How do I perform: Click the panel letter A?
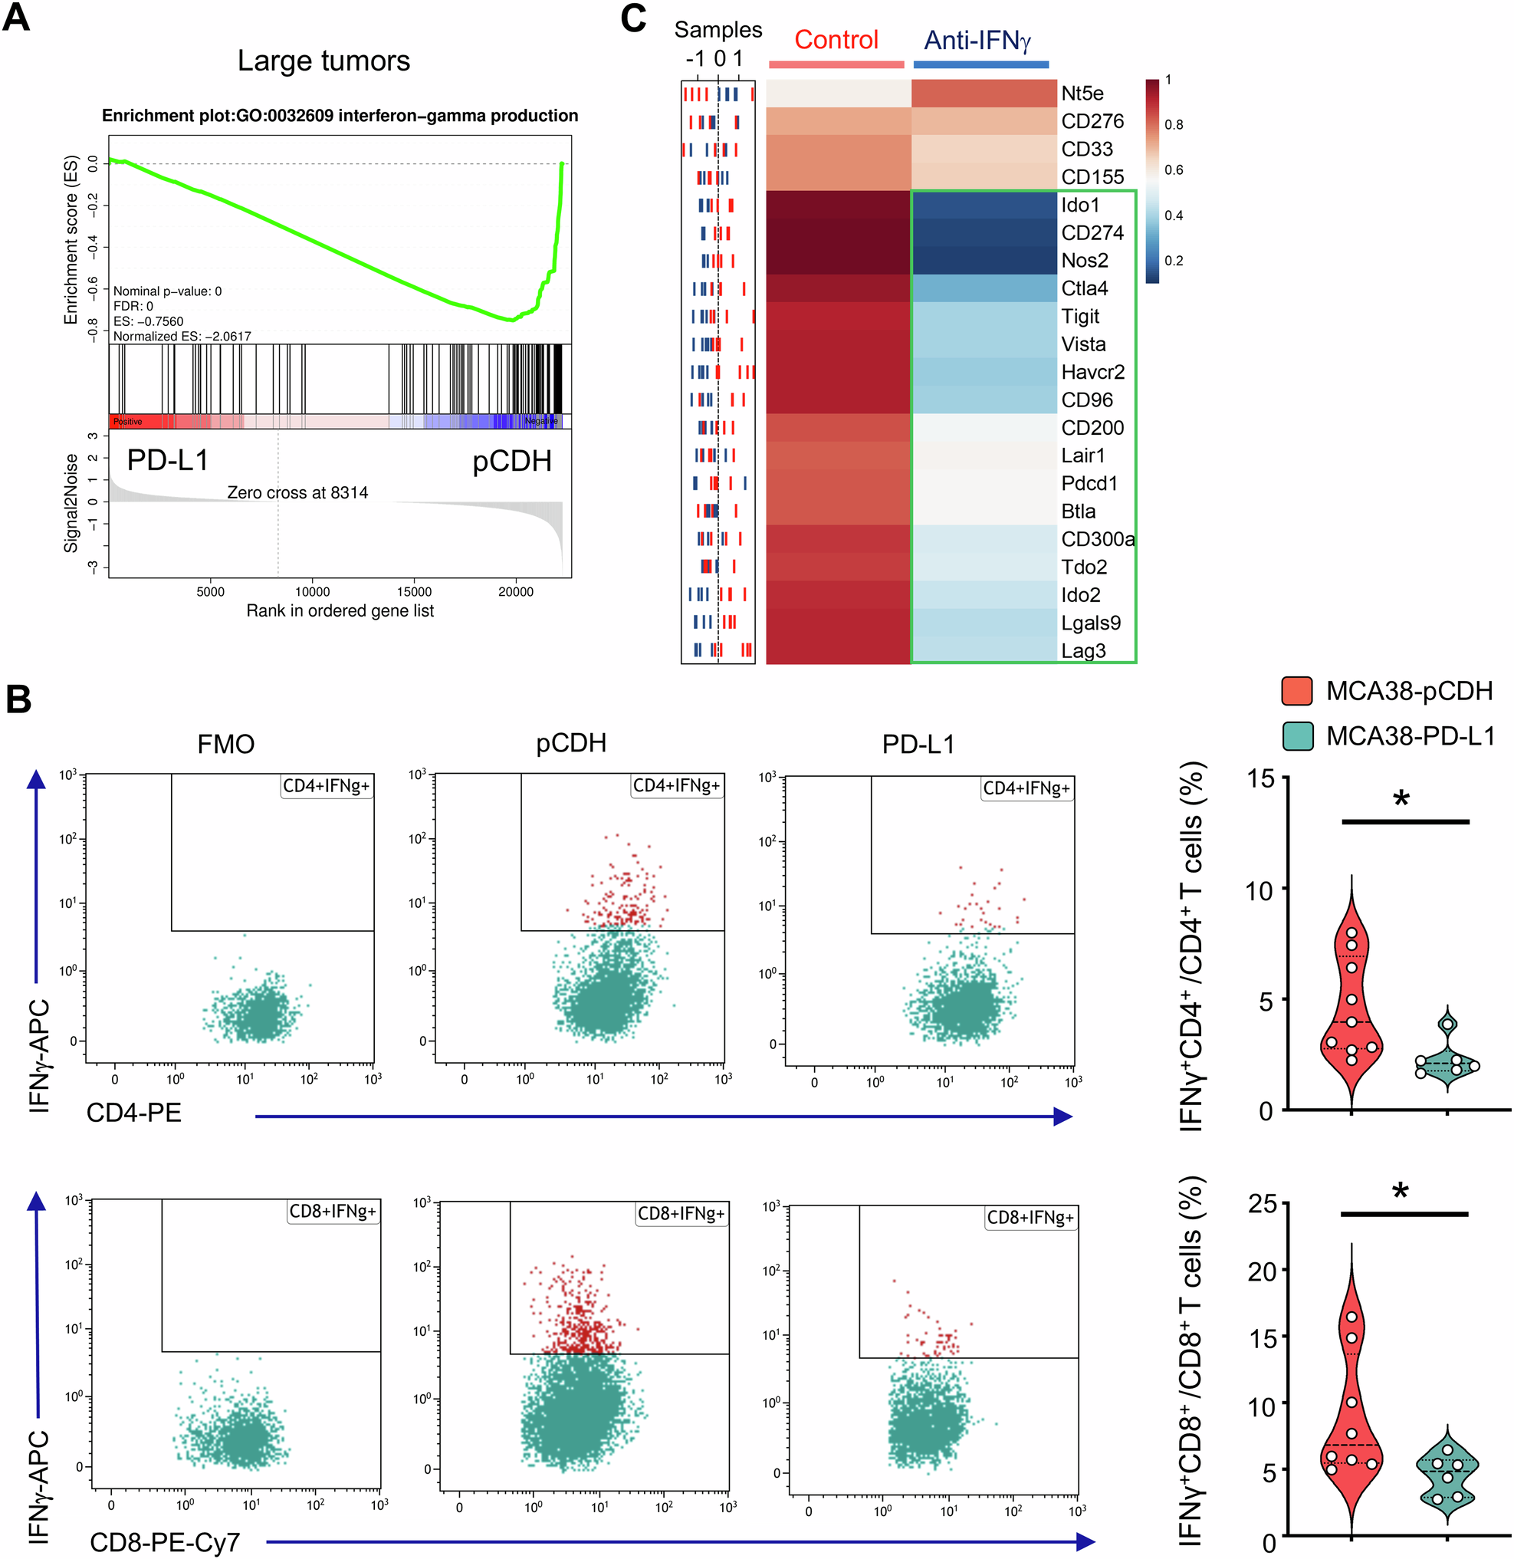(x=17, y=17)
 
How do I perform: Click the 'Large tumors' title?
(x=323, y=61)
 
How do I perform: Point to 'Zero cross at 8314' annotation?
(x=297, y=492)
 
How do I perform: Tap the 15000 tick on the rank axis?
(x=413, y=592)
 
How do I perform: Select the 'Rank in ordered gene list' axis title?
(x=340, y=611)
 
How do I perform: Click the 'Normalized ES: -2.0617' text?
(x=182, y=337)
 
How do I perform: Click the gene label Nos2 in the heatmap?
(x=1085, y=261)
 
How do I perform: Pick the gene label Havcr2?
(x=1092, y=372)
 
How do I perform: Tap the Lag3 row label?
(x=1083, y=650)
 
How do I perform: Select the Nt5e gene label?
(x=1082, y=94)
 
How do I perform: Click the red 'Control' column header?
(x=836, y=40)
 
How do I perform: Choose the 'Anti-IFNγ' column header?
(x=977, y=40)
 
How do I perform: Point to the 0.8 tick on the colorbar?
(x=1173, y=125)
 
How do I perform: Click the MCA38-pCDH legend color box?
(x=1297, y=690)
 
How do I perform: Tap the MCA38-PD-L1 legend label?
(x=1410, y=736)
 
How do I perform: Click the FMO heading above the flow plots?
(x=226, y=745)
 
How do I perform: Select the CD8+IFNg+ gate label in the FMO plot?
(x=333, y=1212)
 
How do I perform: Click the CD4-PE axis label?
(x=133, y=1112)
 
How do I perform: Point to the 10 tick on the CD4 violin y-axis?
(x=1259, y=891)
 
